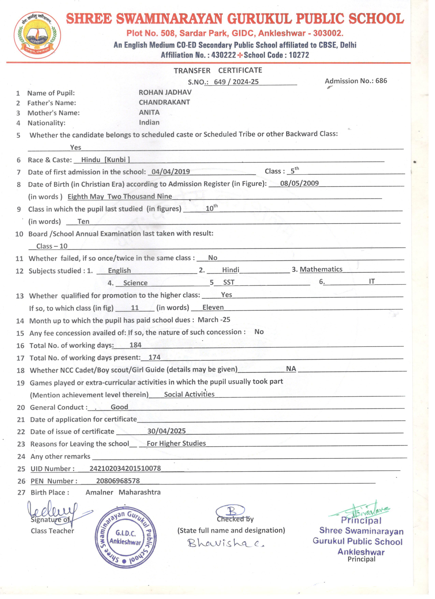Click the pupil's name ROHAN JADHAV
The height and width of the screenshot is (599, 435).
[165, 92]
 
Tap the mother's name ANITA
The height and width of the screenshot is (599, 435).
[149, 113]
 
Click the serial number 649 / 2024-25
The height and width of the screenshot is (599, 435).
[236, 82]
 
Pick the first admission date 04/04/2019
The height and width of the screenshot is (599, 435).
[171, 172]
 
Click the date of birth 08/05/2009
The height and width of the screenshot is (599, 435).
[299, 183]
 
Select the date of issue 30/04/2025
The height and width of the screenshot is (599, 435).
[166, 431]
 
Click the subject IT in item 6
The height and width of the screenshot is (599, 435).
[372, 281]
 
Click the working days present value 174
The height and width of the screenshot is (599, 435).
[154, 357]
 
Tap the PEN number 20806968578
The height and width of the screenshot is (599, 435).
[118, 481]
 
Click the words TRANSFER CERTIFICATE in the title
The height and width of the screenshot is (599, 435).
[218, 71]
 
